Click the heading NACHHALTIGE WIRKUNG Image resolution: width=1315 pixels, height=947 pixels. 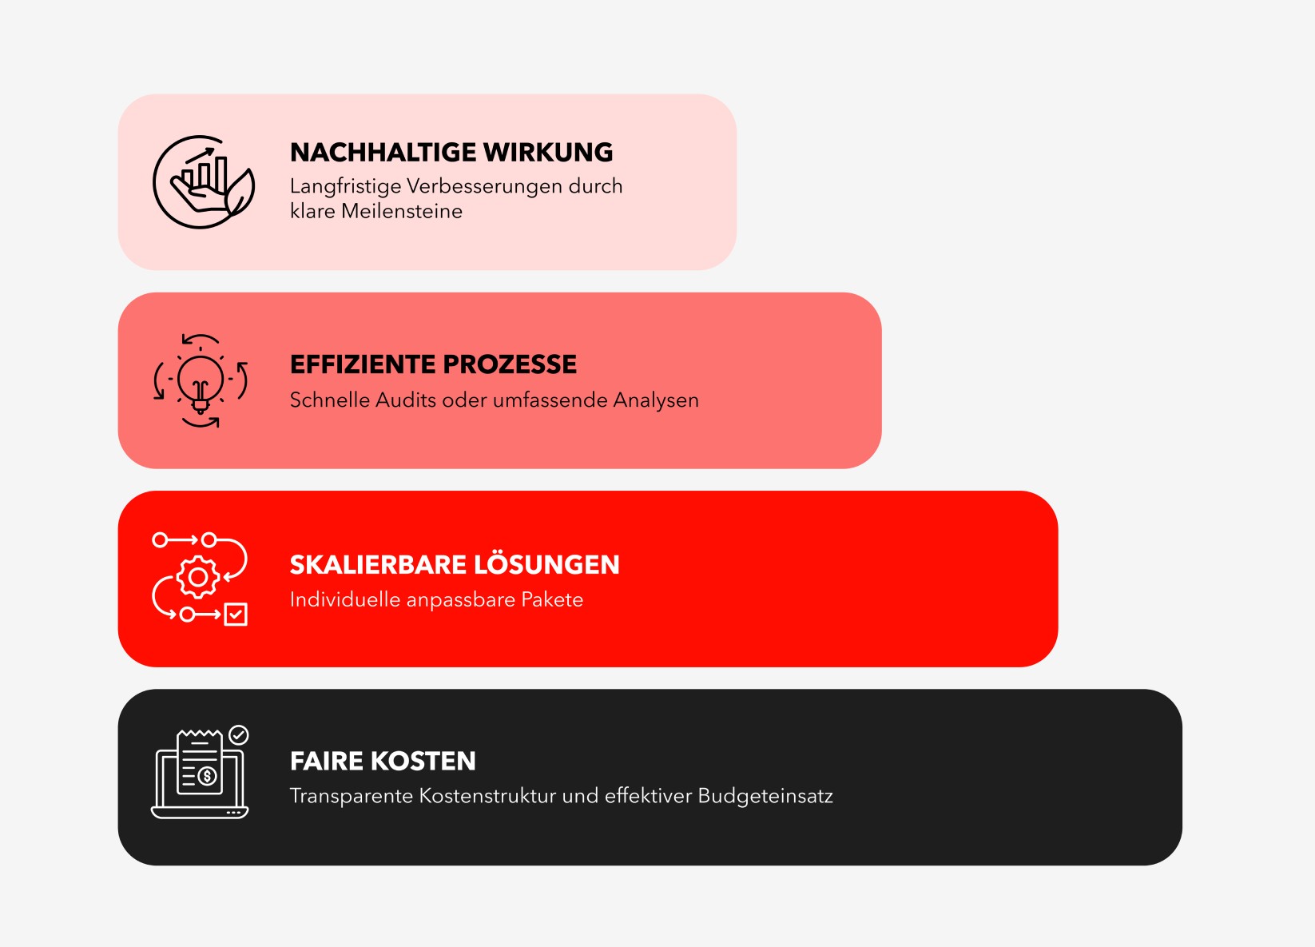coord(451,152)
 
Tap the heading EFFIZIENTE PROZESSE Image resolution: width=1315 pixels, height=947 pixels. coord(433,364)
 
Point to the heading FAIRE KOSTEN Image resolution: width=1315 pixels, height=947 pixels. coord(383,761)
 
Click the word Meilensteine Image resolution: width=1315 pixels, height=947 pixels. coord(402,211)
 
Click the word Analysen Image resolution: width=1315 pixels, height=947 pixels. coord(656,400)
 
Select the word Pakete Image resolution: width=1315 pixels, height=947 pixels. coord(552,599)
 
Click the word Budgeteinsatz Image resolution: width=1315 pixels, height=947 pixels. coord(765,797)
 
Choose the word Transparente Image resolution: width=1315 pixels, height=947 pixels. coord(351,797)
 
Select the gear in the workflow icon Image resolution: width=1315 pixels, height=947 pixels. coord(198,577)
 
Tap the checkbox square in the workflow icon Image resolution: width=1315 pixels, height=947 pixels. coord(236,614)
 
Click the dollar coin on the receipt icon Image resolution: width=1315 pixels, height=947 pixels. coord(207,776)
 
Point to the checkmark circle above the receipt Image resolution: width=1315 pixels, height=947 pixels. coord(238,735)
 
